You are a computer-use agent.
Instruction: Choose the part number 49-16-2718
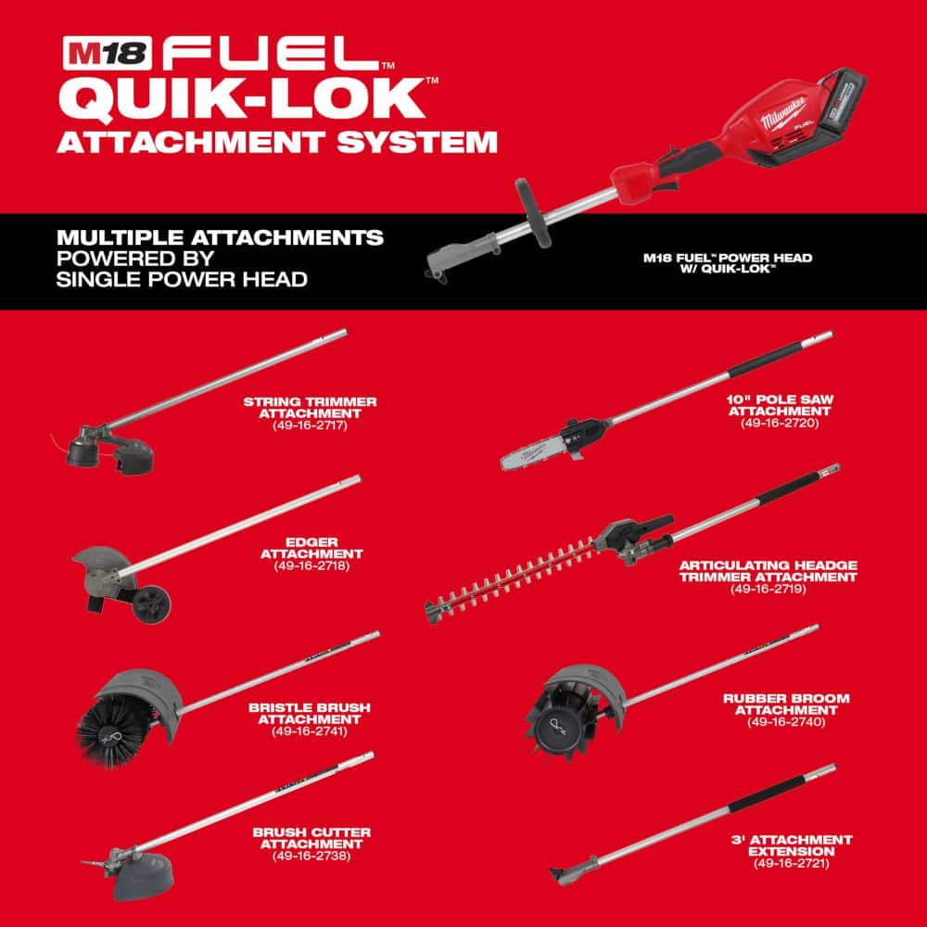(x=311, y=565)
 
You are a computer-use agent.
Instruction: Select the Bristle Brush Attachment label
(x=309, y=712)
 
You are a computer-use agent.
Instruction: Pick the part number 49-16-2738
(x=311, y=855)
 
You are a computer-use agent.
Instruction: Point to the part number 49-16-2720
(x=781, y=422)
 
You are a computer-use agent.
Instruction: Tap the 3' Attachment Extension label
(x=790, y=845)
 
